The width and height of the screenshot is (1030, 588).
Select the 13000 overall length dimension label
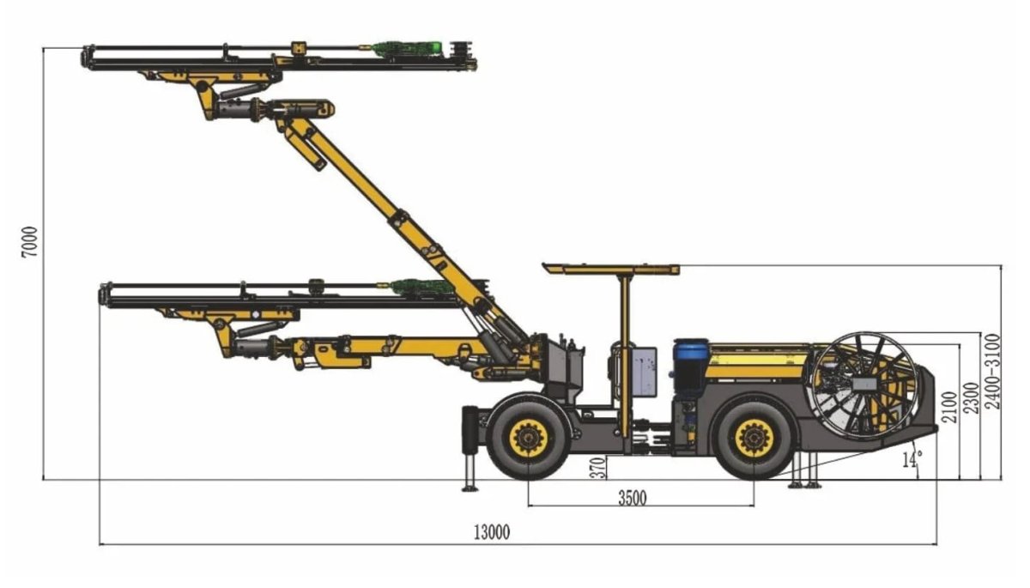click(x=490, y=532)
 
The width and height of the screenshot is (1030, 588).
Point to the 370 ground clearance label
click(x=598, y=466)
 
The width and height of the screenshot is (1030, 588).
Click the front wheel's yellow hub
click(x=528, y=439)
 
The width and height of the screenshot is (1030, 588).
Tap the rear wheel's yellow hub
click(x=754, y=438)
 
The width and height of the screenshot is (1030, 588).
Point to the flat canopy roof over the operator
click(x=610, y=269)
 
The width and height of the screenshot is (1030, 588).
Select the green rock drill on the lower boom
click(x=421, y=288)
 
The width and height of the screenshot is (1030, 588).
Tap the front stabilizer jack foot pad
click(x=470, y=488)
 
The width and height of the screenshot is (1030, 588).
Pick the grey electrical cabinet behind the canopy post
click(x=643, y=371)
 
